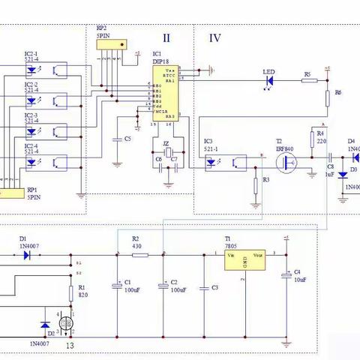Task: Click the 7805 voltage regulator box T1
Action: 244,259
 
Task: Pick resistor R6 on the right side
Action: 328,99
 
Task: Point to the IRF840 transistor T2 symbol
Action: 286,164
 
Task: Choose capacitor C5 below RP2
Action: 116,139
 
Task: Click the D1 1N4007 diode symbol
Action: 27,255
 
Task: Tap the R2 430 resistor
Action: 140,255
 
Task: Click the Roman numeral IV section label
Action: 214,38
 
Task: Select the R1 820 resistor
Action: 72,291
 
